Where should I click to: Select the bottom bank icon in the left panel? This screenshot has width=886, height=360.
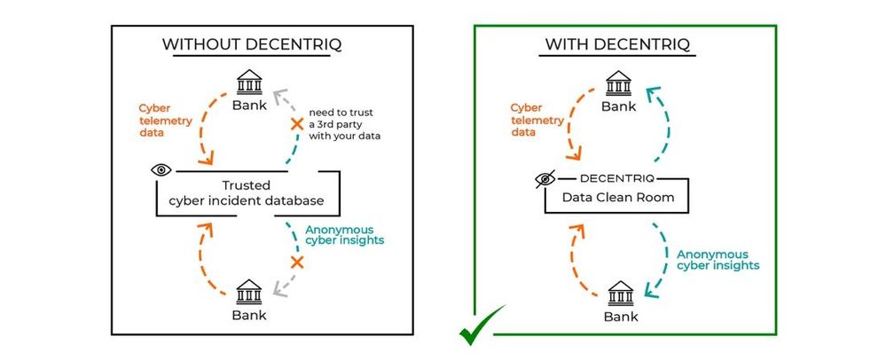(249, 290)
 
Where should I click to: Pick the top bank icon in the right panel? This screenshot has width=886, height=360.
(620, 84)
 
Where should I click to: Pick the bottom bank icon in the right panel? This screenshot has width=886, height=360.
(620, 290)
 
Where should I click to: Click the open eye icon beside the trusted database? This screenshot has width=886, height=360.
(161, 169)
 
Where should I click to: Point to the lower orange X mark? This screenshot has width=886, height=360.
(298, 262)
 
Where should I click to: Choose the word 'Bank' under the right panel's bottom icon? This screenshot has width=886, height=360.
(620, 315)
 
